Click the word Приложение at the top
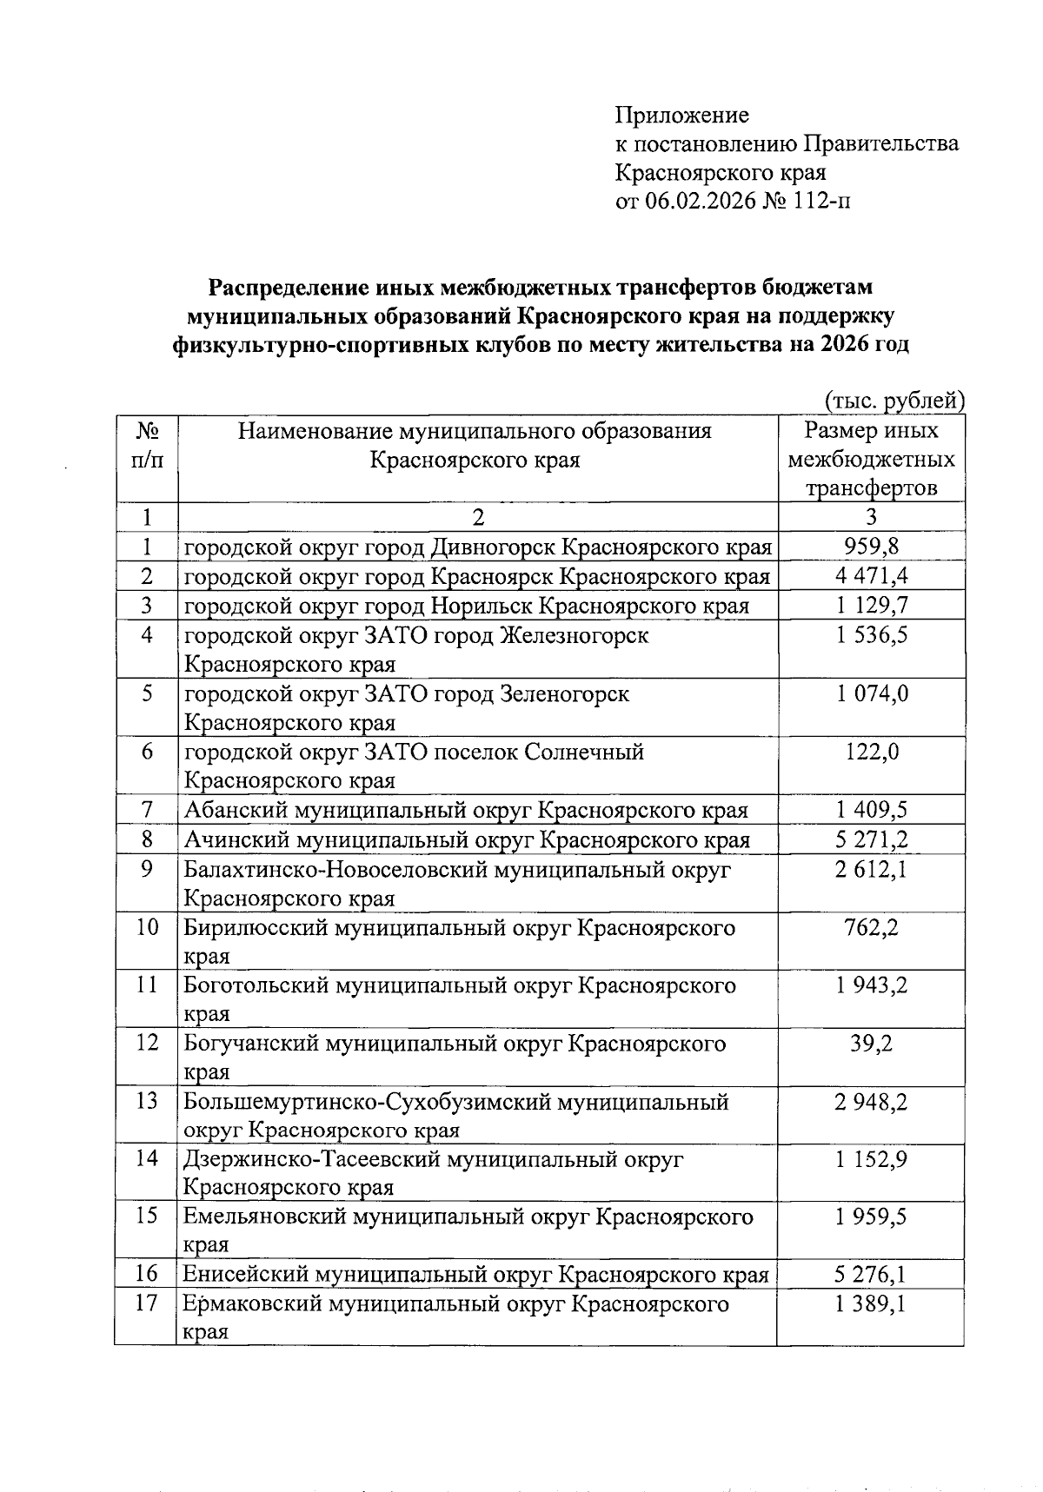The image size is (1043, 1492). click(681, 116)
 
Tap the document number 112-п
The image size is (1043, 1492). click(821, 202)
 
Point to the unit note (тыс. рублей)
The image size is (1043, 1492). click(894, 401)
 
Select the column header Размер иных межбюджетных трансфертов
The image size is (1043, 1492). click(871, 459)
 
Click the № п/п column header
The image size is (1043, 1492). click(146, 445)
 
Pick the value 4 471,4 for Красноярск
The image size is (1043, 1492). click(871, 576)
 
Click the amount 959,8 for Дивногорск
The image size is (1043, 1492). click(871, 547)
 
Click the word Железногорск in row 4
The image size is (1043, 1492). click(575, 635)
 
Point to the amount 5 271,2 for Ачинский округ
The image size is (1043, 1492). click(871, 840)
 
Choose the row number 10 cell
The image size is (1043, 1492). click(146, 927)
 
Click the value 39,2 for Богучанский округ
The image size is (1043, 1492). click(871, 1044)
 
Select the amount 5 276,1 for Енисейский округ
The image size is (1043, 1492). click(871, 1275)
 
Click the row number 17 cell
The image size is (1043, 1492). click(146, 1304)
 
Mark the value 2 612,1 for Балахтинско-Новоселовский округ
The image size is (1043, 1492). click(871, 869)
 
